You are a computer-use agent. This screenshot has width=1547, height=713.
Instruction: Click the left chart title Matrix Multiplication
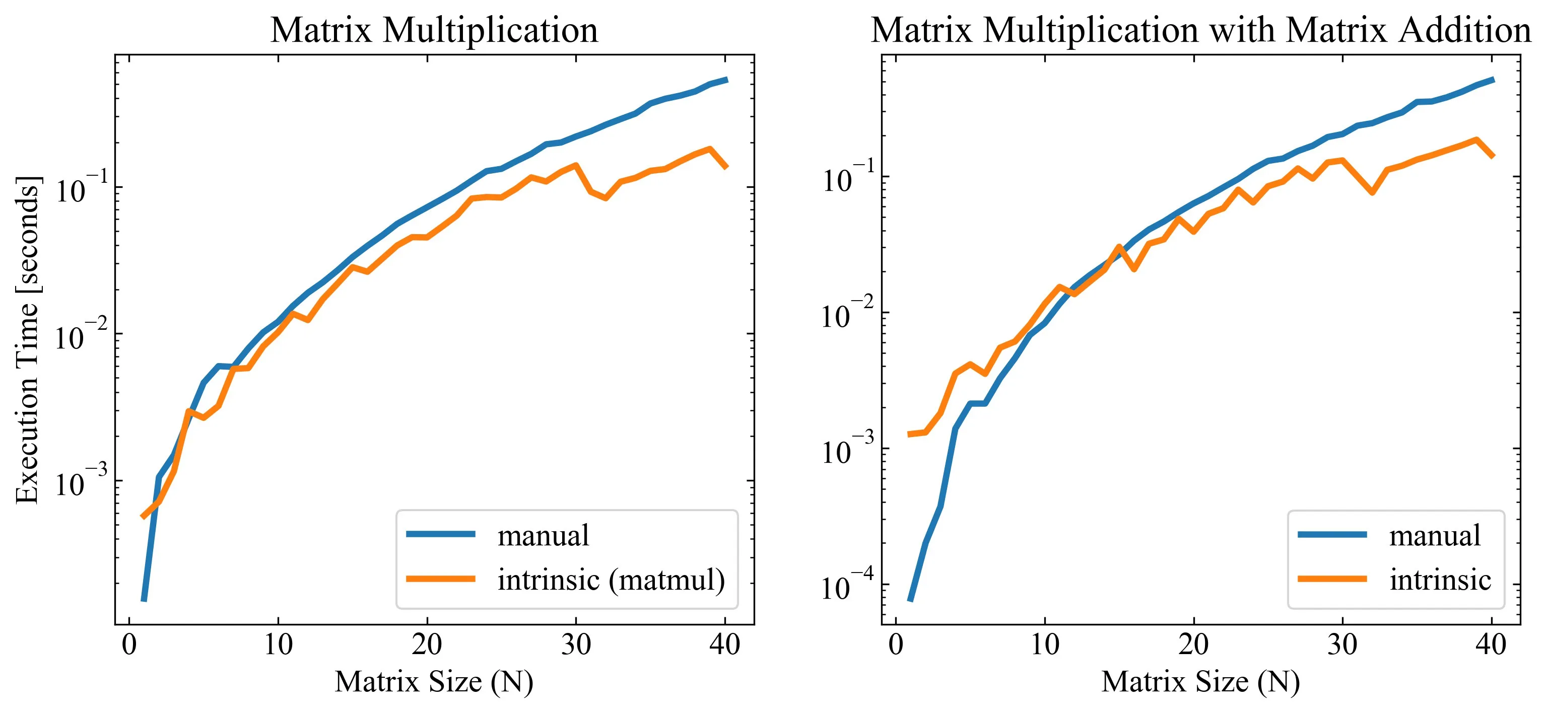434,30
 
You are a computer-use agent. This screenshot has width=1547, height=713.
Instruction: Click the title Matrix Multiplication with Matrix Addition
1200,30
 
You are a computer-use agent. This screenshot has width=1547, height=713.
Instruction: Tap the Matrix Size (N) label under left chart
434,682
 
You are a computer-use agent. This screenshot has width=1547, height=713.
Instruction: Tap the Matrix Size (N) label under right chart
1200,682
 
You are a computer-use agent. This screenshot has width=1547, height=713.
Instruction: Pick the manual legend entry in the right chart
1435,535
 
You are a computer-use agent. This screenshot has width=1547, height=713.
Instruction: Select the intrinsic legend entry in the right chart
1440,580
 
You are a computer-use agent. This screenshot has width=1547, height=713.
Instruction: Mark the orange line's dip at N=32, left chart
606,198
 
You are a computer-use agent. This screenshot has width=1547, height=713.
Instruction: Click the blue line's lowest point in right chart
910,600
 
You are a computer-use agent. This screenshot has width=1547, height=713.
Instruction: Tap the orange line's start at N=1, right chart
910,434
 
